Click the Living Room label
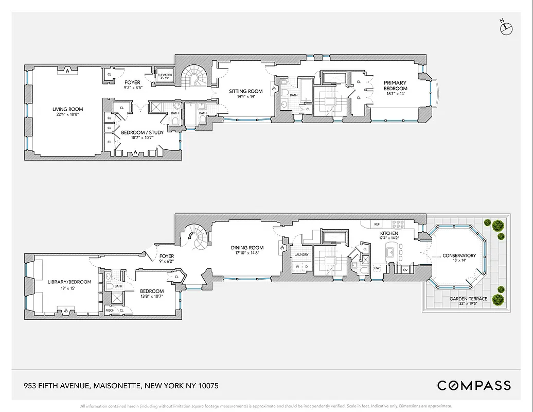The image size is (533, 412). (x=67, y=109)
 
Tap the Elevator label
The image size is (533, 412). (x=165, y=75)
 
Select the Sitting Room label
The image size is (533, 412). (x=245, y=91)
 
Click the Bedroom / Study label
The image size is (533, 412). (x=142, y=133)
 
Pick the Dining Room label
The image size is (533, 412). (x=247, y=248)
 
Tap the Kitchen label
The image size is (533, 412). (x=389, y=233)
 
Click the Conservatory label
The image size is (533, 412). (x=458, y=255)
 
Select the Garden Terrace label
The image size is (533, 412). (x=468, y=299)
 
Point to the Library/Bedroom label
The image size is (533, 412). (x=69, y=282)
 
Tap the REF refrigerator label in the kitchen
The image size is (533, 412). (x=377, y=224)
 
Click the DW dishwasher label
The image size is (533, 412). (x=377, y=268)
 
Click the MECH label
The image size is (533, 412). (x=110, y=310)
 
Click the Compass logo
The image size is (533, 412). (x=474, y=385)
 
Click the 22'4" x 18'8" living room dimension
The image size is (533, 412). (x=67, y=115)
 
